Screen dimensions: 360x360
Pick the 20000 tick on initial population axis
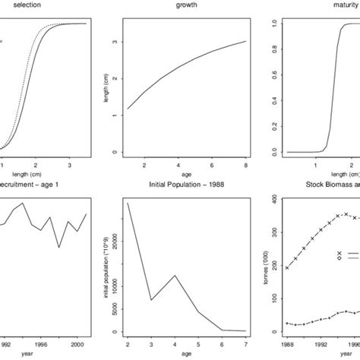point(114,240)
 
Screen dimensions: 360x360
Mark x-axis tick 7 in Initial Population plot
point(245,342)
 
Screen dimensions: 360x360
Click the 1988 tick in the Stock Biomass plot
point(287,342)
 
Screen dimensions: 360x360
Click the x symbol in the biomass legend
point(339,253)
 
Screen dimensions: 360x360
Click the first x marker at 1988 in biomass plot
point(287,267)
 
